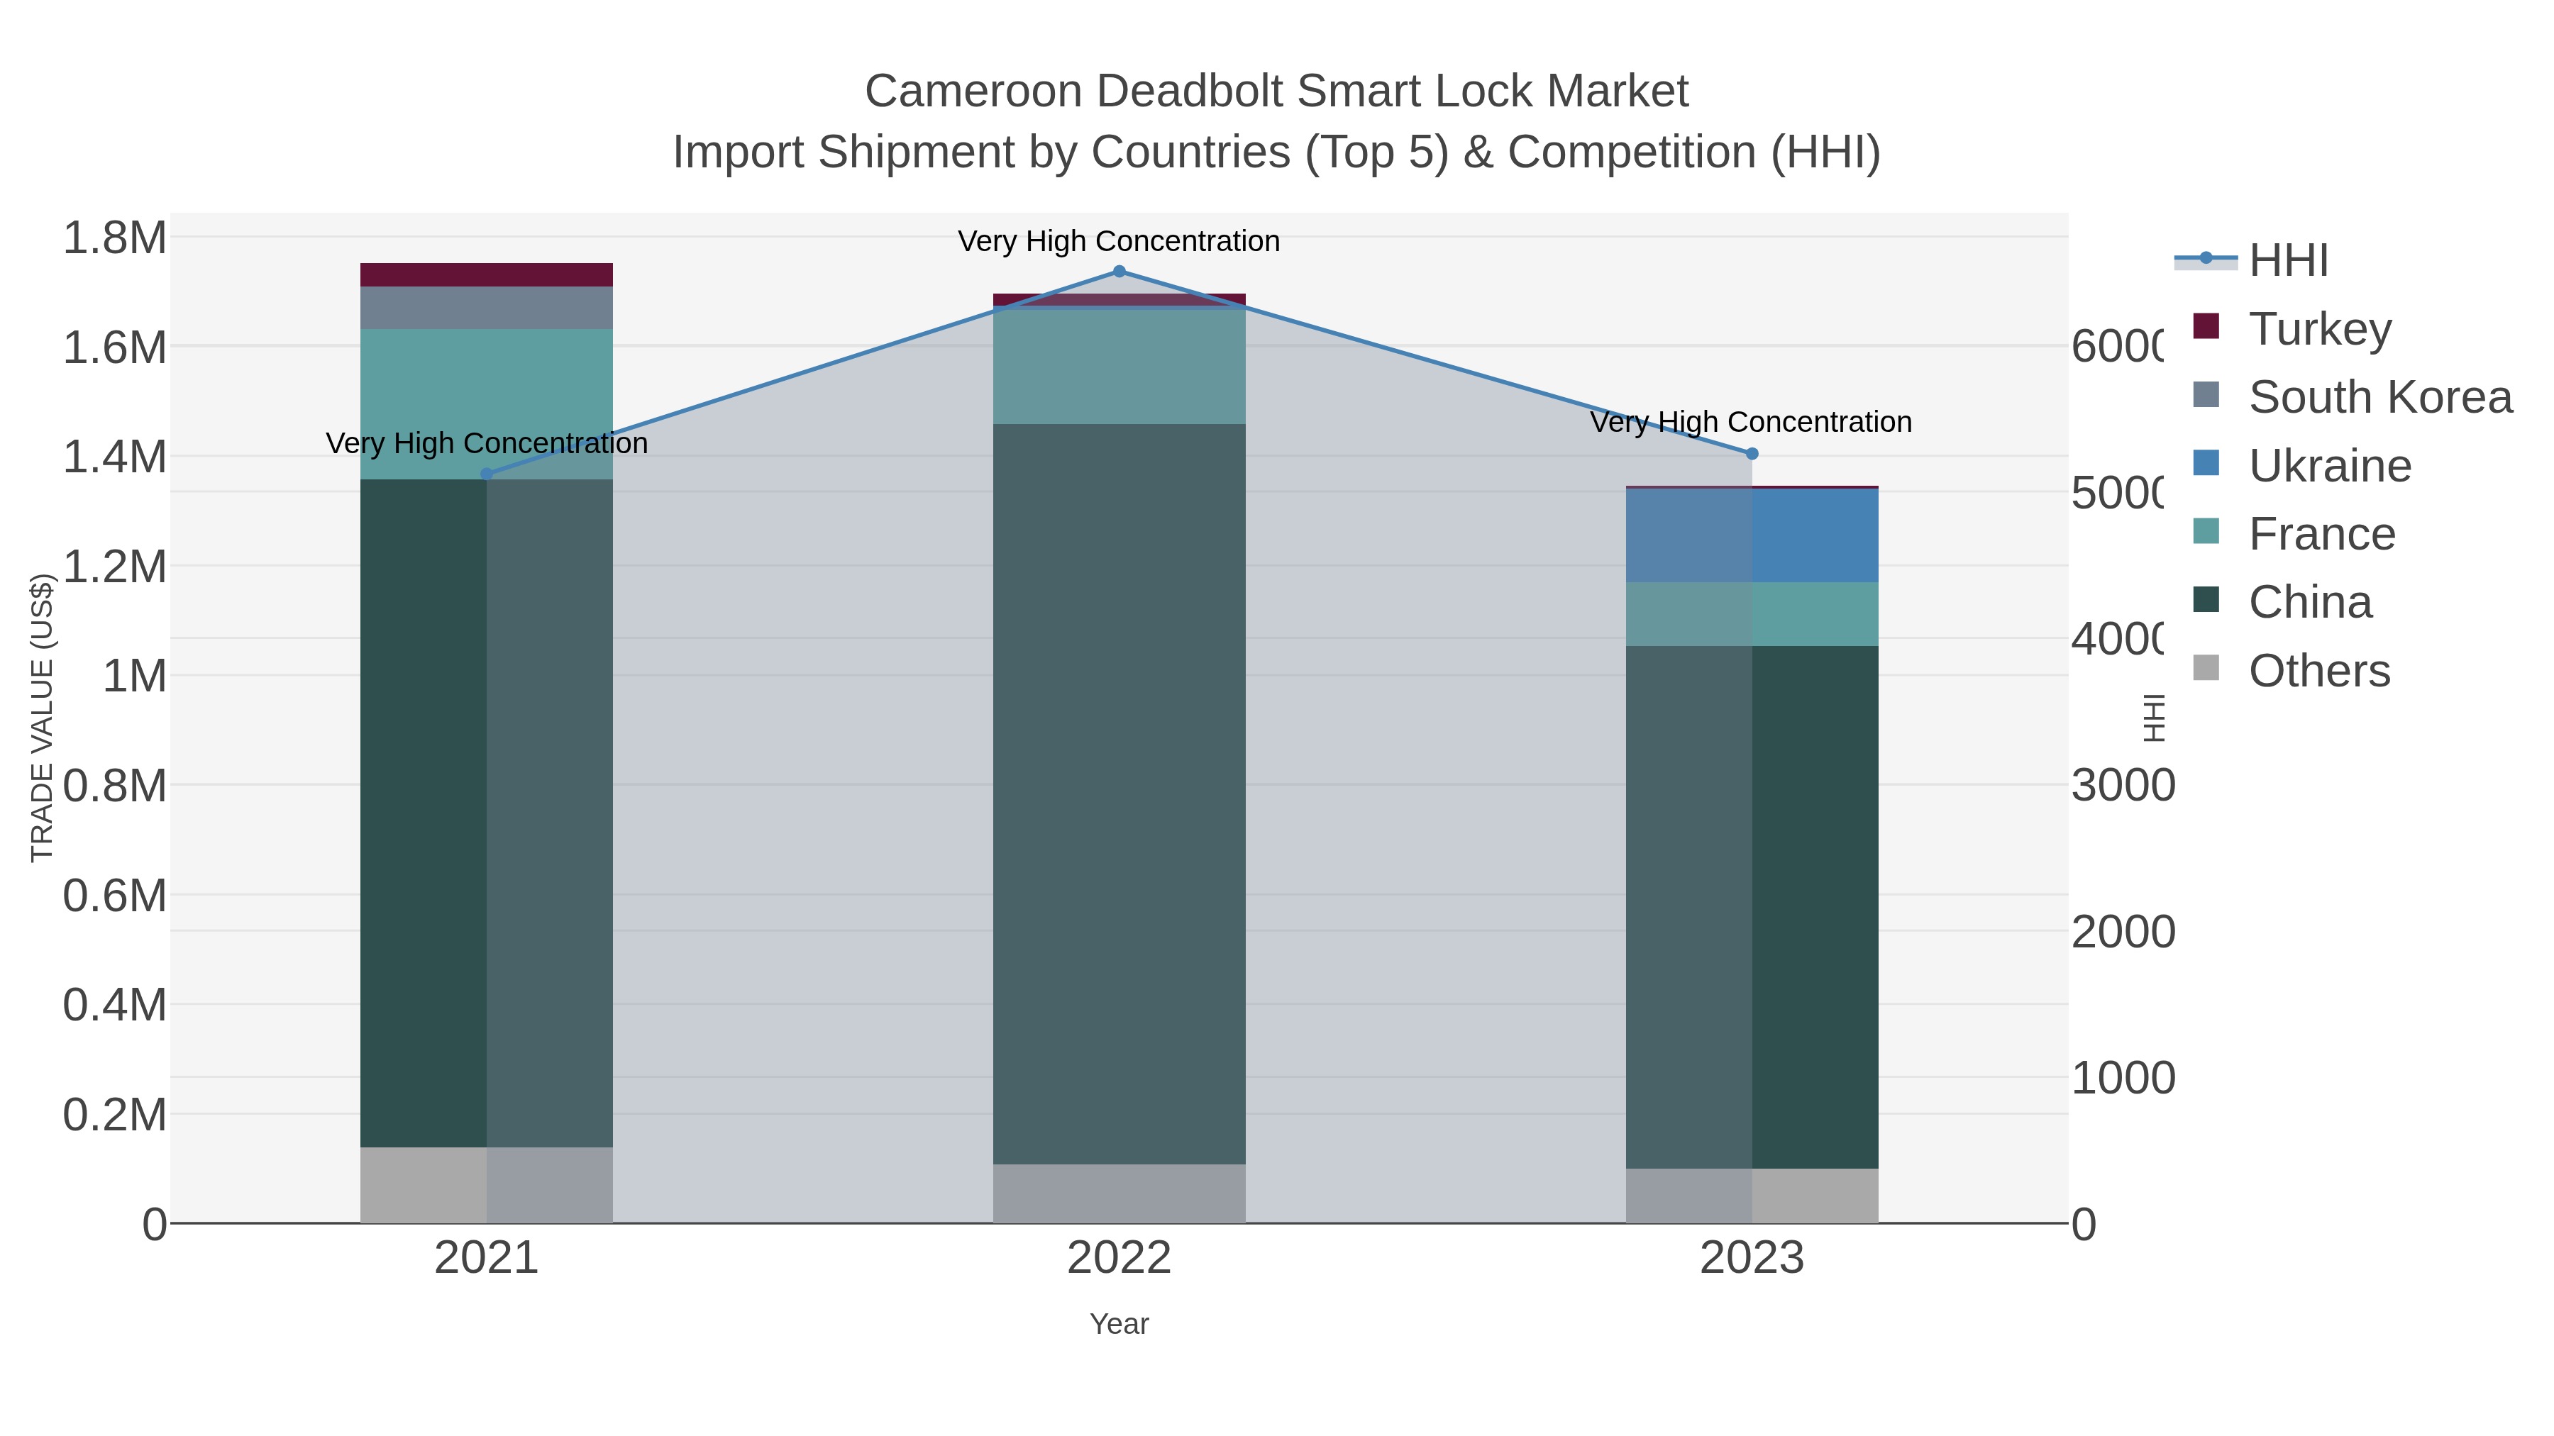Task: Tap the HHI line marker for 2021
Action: pyautogui.click(x=486, y=474)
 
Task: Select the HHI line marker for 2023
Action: pyautogui.click(x=1751, y=454)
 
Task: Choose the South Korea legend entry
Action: pyautogui.click(x=2379, y=396)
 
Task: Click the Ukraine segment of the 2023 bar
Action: pyautogui.click(x=1751, y=535)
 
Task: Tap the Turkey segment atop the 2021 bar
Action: pyautogui.click(x=486, y=274)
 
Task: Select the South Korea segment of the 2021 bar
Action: pyautogui.click(x=486, y=307)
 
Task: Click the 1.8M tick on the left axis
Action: pyautogui.click(x=114, y=238)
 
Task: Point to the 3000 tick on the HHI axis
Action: pyautogui.click(x=2122, y=785)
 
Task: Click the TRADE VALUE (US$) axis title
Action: pyautogui.click(x=42, y=718)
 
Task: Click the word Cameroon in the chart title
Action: pyautogui.click(x=973, y=91)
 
